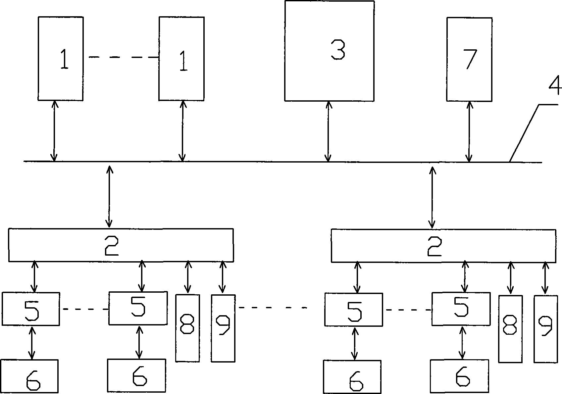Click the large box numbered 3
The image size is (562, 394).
(329, 51)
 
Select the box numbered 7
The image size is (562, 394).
(469, 60)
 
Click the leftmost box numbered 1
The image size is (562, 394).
(61, 59)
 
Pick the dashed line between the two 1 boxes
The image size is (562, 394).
(124, 57)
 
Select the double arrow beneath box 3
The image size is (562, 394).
(328, 131)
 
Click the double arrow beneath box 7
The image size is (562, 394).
(469, 132)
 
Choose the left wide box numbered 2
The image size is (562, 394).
(121, 245)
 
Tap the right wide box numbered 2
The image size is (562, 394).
(443, 246)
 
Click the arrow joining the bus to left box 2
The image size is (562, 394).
(109, 196)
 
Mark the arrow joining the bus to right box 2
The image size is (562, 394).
(432, 198)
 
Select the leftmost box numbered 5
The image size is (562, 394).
(31, 309)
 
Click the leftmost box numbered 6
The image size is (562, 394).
(29, 376)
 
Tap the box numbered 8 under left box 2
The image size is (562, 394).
(187, 328)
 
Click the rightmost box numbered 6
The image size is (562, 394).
(459, 376)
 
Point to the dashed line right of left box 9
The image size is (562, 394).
(273, 308)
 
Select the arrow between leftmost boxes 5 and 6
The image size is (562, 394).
(31, 343)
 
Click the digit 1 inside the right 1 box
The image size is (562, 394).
(183, 61)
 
